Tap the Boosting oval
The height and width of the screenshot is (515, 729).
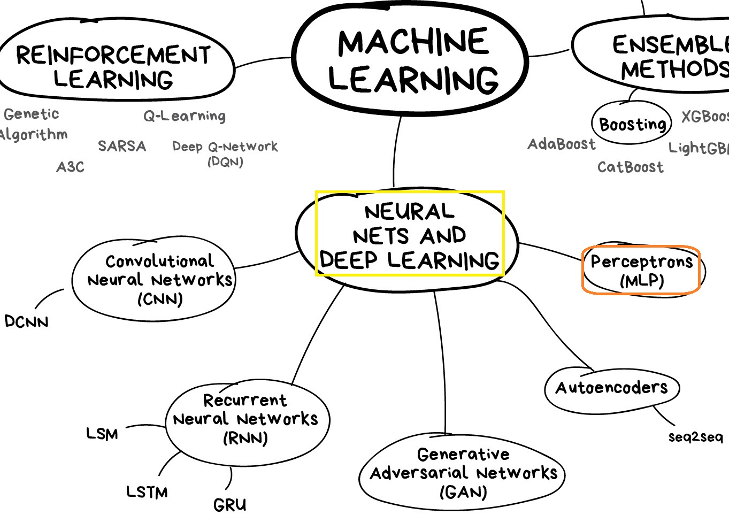(632, 124)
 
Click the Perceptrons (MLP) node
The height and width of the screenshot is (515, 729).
(641, 271)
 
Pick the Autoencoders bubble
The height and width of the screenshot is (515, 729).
(612, 388)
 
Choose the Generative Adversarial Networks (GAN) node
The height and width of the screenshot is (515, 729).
(463, 473)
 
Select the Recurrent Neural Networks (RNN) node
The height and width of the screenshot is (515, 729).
(245, 419)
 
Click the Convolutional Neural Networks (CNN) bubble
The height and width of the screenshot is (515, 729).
(160, 280)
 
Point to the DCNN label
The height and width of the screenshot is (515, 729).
(26, 321)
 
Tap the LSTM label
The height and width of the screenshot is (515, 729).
(147, 491)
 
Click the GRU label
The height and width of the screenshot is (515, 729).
(230, 505)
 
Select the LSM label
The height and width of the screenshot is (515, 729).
(102, 434)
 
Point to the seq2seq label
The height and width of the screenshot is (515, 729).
(695, 437)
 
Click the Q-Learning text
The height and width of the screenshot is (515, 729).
(185, 116)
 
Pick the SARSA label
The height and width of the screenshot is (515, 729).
(122, 146)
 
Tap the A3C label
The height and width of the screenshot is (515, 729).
(71, 167)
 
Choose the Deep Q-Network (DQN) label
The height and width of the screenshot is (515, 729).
(225, 153)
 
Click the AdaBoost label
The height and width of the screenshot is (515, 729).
(562, 144)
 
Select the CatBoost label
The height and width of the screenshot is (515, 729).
(631, 167)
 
